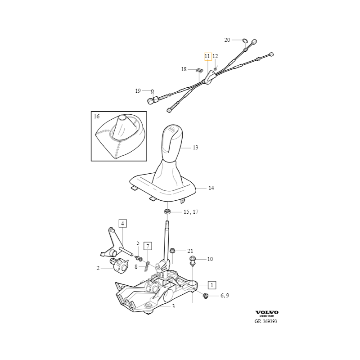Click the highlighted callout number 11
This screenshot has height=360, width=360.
208,57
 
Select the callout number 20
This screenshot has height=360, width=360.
227,40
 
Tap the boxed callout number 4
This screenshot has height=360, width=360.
122,223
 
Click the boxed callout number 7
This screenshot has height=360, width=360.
148,246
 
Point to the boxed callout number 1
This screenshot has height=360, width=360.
212,285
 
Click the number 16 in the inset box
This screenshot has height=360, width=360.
97,117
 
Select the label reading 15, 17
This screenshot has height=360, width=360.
191,211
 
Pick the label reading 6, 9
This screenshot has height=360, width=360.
225,296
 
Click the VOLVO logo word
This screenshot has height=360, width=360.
267,312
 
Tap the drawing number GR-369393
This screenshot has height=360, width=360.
265,321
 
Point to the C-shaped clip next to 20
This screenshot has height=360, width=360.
245,40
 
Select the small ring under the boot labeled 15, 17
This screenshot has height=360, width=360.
167,211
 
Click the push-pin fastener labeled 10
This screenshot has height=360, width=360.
192,261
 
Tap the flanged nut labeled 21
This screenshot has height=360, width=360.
172,251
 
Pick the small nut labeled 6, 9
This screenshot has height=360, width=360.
206,296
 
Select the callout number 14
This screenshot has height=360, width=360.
211,188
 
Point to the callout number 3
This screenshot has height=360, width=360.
173,306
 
